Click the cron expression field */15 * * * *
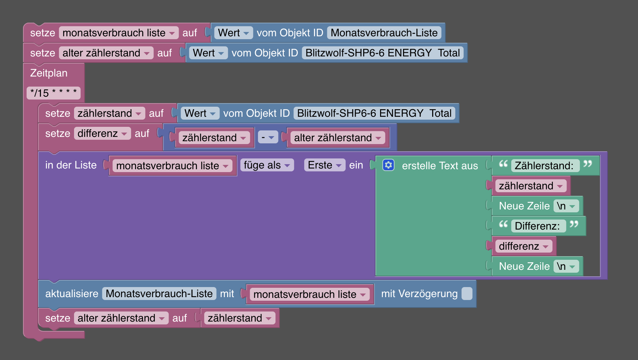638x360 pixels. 54,93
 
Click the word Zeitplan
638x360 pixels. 49,73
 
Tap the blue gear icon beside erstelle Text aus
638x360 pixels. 388,165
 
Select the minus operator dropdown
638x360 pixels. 268,137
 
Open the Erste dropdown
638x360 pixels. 324,165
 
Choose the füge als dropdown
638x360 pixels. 267,165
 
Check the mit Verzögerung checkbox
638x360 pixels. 467,294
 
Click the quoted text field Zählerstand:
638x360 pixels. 544,166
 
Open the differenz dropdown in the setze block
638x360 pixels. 102,133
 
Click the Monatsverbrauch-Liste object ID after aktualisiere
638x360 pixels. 159,294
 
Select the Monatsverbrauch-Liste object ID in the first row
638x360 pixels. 384,33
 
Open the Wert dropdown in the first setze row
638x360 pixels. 233,33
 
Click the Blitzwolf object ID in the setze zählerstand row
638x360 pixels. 374,113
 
